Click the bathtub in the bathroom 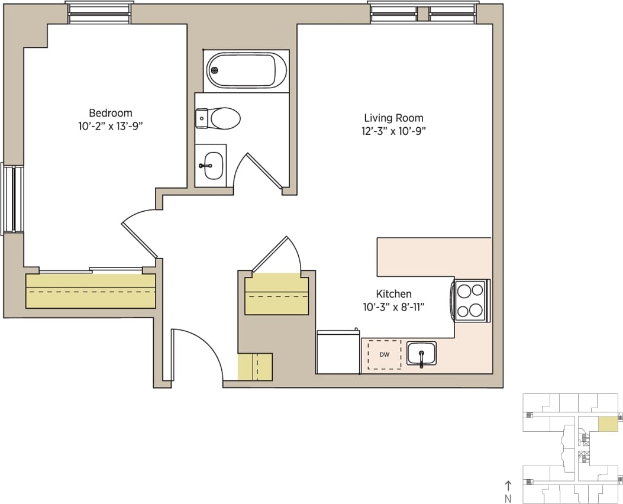[x=247, y=70]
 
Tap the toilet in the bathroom [x=219, y=118]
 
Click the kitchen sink [x=421, y=354]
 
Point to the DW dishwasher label [x=384, y=355]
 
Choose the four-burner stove [x=470, y=301]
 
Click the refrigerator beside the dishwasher [x=338, y=353]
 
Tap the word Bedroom [x=110, y=113]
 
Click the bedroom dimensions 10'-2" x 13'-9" [x=110, y=125]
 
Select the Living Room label [x=393, y=118]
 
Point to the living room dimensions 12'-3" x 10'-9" [x=393, y=131]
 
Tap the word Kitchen [x=393, y=294]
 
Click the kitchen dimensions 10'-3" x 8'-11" [x=393, y=306]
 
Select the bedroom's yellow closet [x=91, y=291]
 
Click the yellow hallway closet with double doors [x=277, y=294]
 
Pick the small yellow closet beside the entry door [x=254, y=367]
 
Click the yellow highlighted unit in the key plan [x=607, y=424]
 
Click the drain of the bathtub [x=215, y=70]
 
